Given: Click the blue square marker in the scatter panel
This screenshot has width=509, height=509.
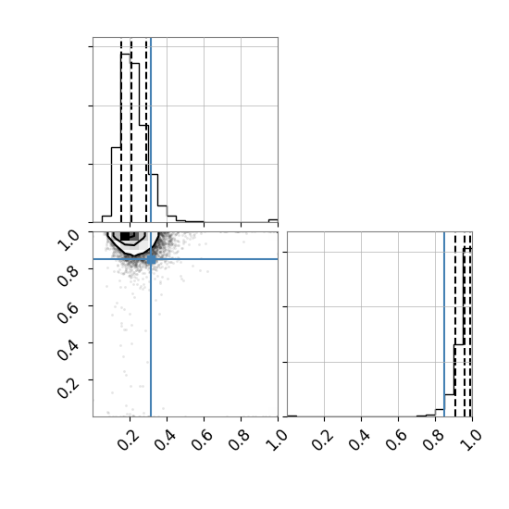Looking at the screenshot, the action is (x=151, y=259).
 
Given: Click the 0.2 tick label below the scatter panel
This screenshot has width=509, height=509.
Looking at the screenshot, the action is (x=129, y=440).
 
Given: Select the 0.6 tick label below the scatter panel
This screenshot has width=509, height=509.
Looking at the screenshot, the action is (x=202, y=440).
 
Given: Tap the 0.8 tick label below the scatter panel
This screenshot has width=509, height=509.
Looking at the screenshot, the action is (x=239, y=440).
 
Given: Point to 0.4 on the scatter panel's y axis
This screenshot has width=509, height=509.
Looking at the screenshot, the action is (x=68, y=350).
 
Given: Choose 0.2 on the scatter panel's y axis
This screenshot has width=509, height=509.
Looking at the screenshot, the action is (x=68, y=387).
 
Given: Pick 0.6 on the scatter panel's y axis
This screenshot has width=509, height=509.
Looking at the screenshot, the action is (x=68, y=313).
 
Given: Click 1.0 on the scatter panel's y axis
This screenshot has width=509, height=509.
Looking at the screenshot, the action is (x=68, y=239).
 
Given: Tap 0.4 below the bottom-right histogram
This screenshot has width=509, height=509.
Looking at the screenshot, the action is (x=359, y=440).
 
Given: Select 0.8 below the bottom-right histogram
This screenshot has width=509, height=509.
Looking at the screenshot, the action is (x=433, y=440).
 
